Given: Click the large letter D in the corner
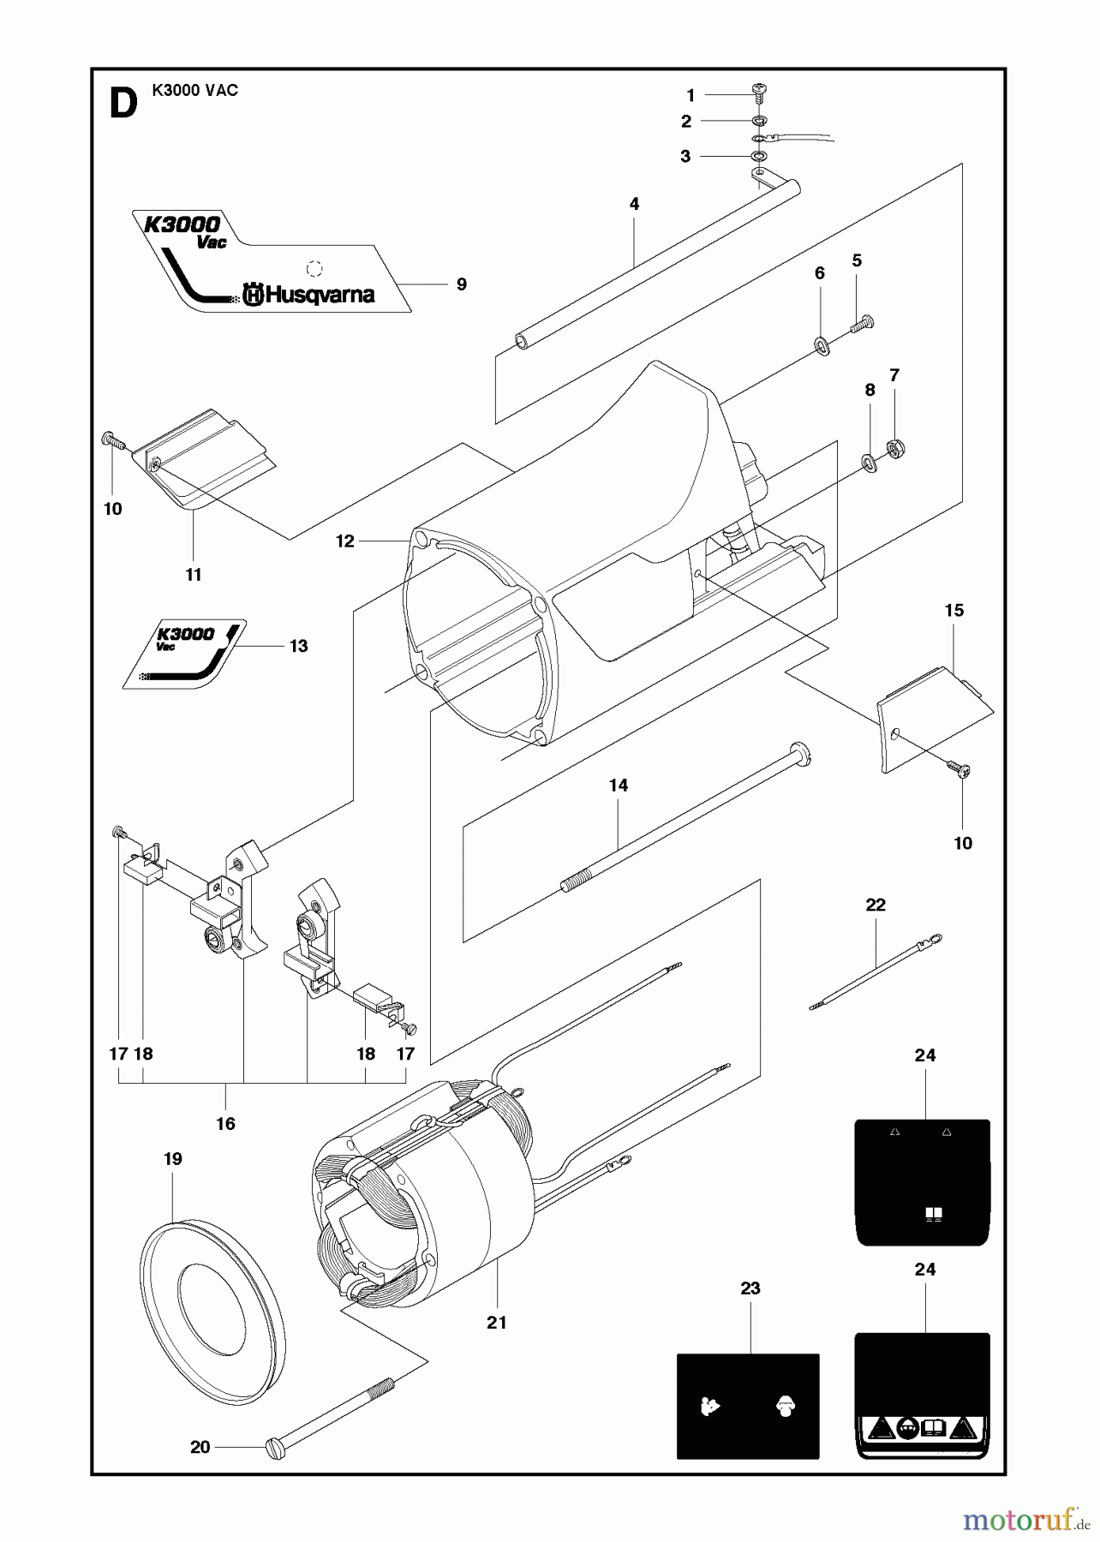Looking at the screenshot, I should pyautogui.click(x=123, y=105).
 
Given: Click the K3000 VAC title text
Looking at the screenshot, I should pyautogui.click(x=194, y=91).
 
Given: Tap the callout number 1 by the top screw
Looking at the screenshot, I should pyautogui.click(x=690, y=96).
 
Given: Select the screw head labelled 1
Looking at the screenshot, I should pyautogui.click(x=757, y=90).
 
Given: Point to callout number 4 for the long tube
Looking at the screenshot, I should pyautogui.click(x=634, y=204).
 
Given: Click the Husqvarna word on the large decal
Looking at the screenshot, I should pyautogui.click(x=320, y=296).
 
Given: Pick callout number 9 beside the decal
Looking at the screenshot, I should pyautogui.click(x=461, y=284).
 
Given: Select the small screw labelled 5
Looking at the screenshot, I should pyautogui.click(x=862, y=324).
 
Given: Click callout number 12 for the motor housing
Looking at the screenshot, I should pyautogui.click(x=344, y=541).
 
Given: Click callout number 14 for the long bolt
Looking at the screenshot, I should pyautogui.click(x=618, y=785).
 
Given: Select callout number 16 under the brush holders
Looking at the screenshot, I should pyautogui.click(x=225, y=1123).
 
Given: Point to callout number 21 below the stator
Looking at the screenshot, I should pyautogui.click(x=497, y=1323).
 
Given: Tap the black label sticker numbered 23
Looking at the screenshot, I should pyautogui.click(x=748, y=1406).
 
